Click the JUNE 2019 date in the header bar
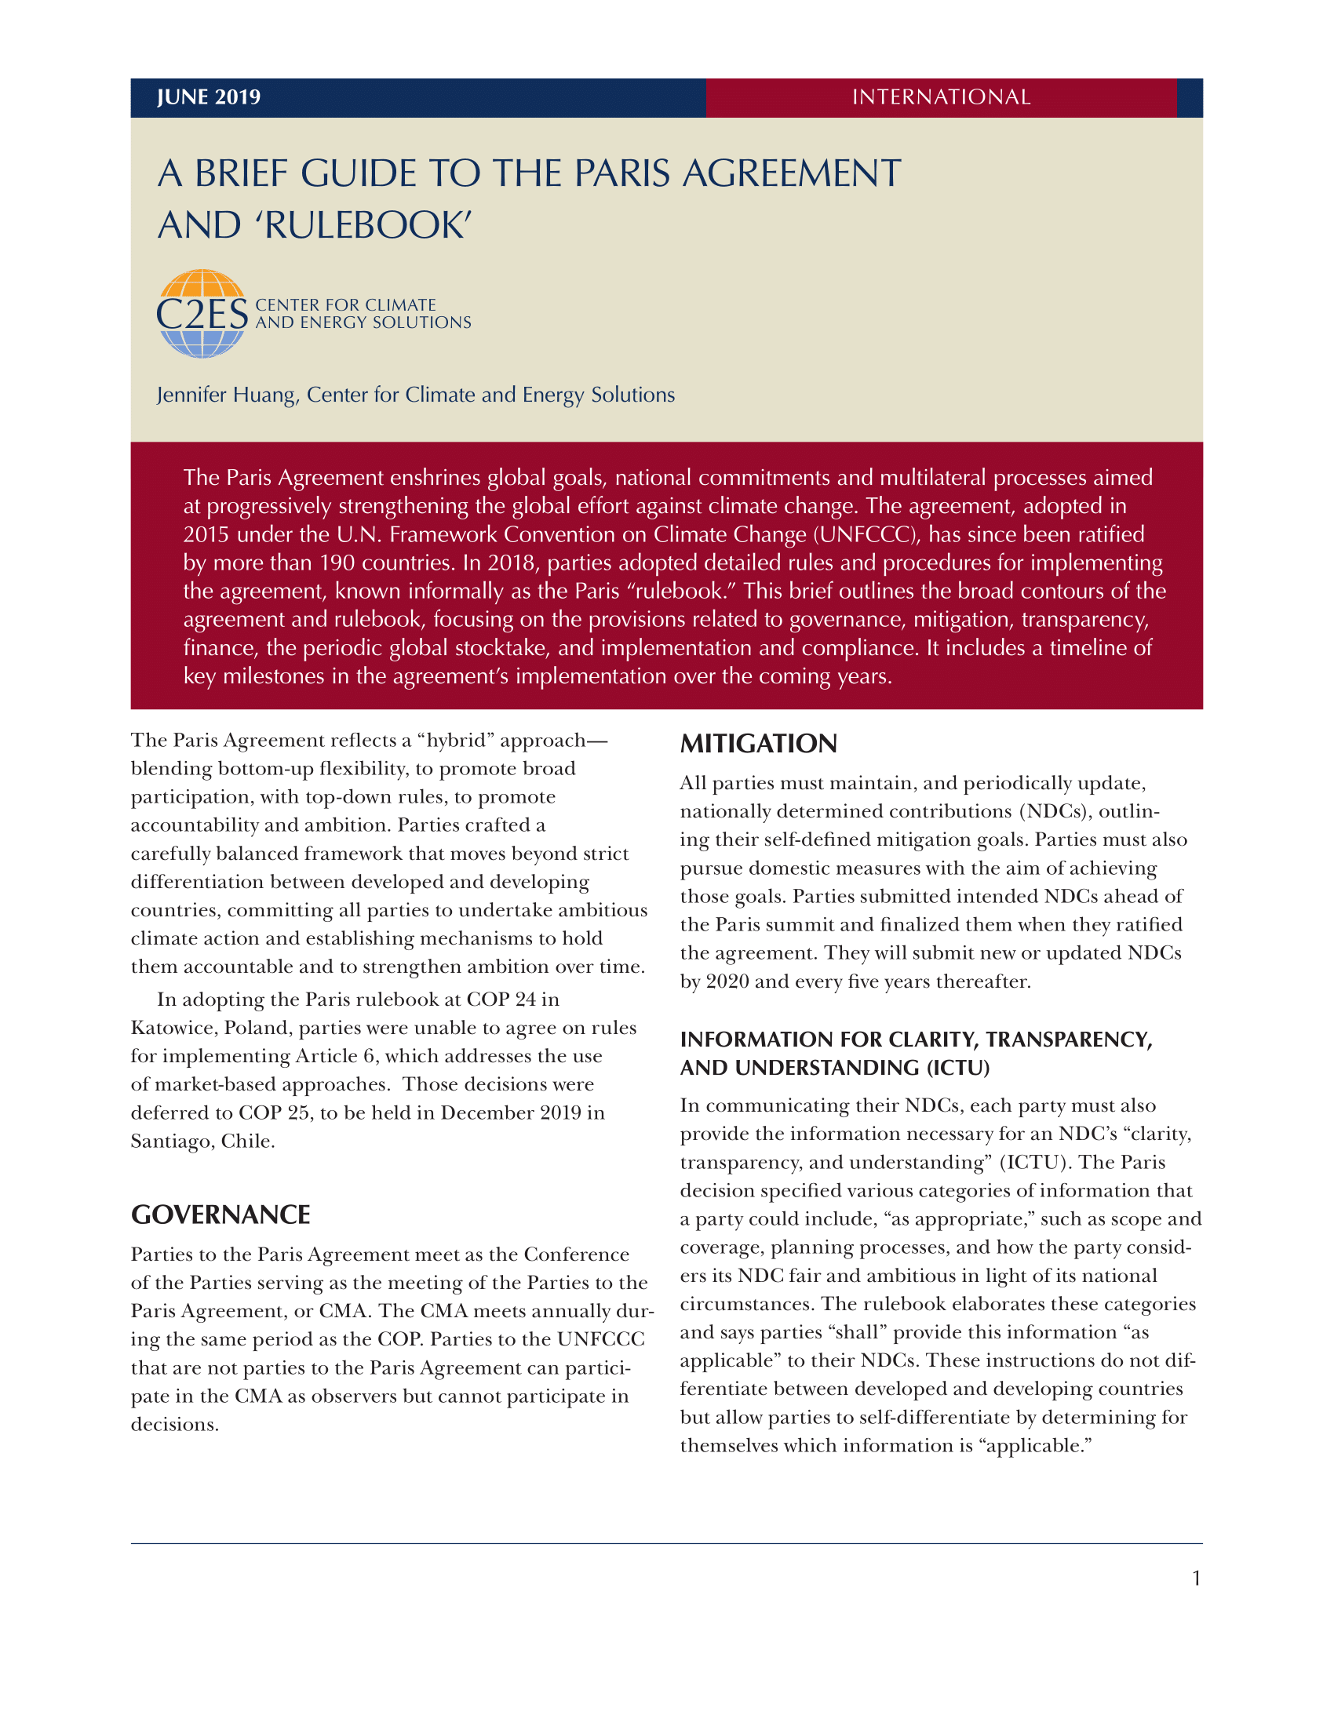[209, 97]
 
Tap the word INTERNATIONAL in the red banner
[940, 97]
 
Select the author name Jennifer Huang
[227, 395]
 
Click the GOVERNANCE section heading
[221, 1214]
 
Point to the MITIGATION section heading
[758, 744]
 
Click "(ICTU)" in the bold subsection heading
[958, 1068]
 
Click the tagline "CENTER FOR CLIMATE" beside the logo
[345, 305]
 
